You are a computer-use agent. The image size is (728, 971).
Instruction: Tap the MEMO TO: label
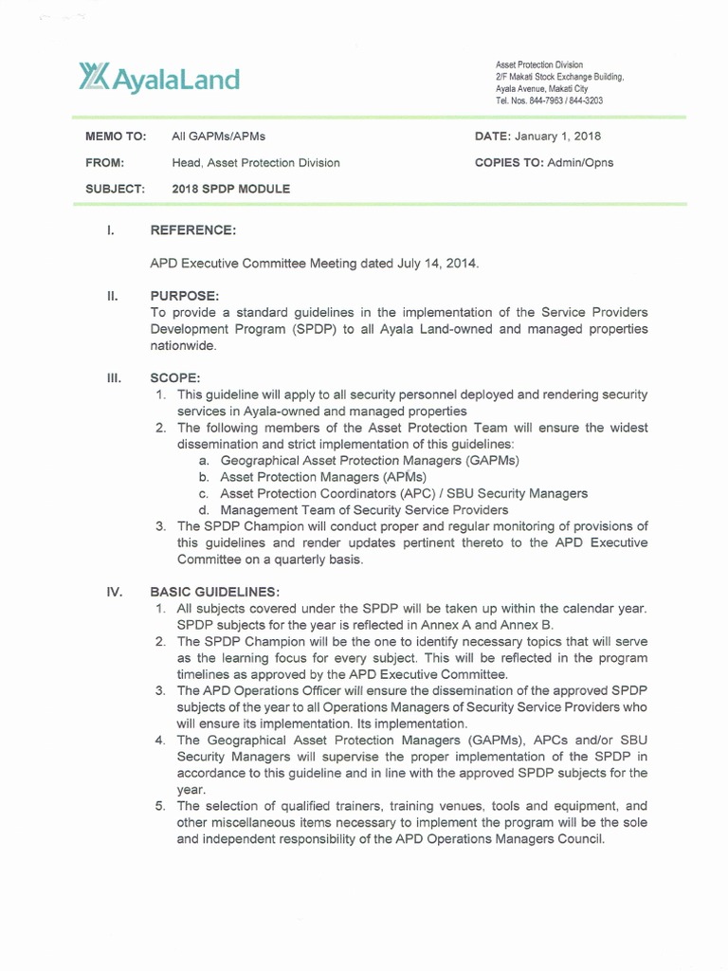pos(116,137)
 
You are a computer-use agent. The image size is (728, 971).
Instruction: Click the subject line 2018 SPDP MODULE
pos(230,189)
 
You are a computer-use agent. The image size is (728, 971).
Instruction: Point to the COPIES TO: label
pos(507,162)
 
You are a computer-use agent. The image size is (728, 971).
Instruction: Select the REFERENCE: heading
pos(193,230)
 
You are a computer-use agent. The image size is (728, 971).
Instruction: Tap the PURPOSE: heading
pos(185,297)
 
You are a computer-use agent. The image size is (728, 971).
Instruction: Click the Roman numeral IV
pos(115,592)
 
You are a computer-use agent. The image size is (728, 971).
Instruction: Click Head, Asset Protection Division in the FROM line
pos(255,163)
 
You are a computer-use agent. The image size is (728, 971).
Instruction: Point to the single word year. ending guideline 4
pos(191,789)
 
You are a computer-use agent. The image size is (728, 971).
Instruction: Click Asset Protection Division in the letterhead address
pos(539,64)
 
